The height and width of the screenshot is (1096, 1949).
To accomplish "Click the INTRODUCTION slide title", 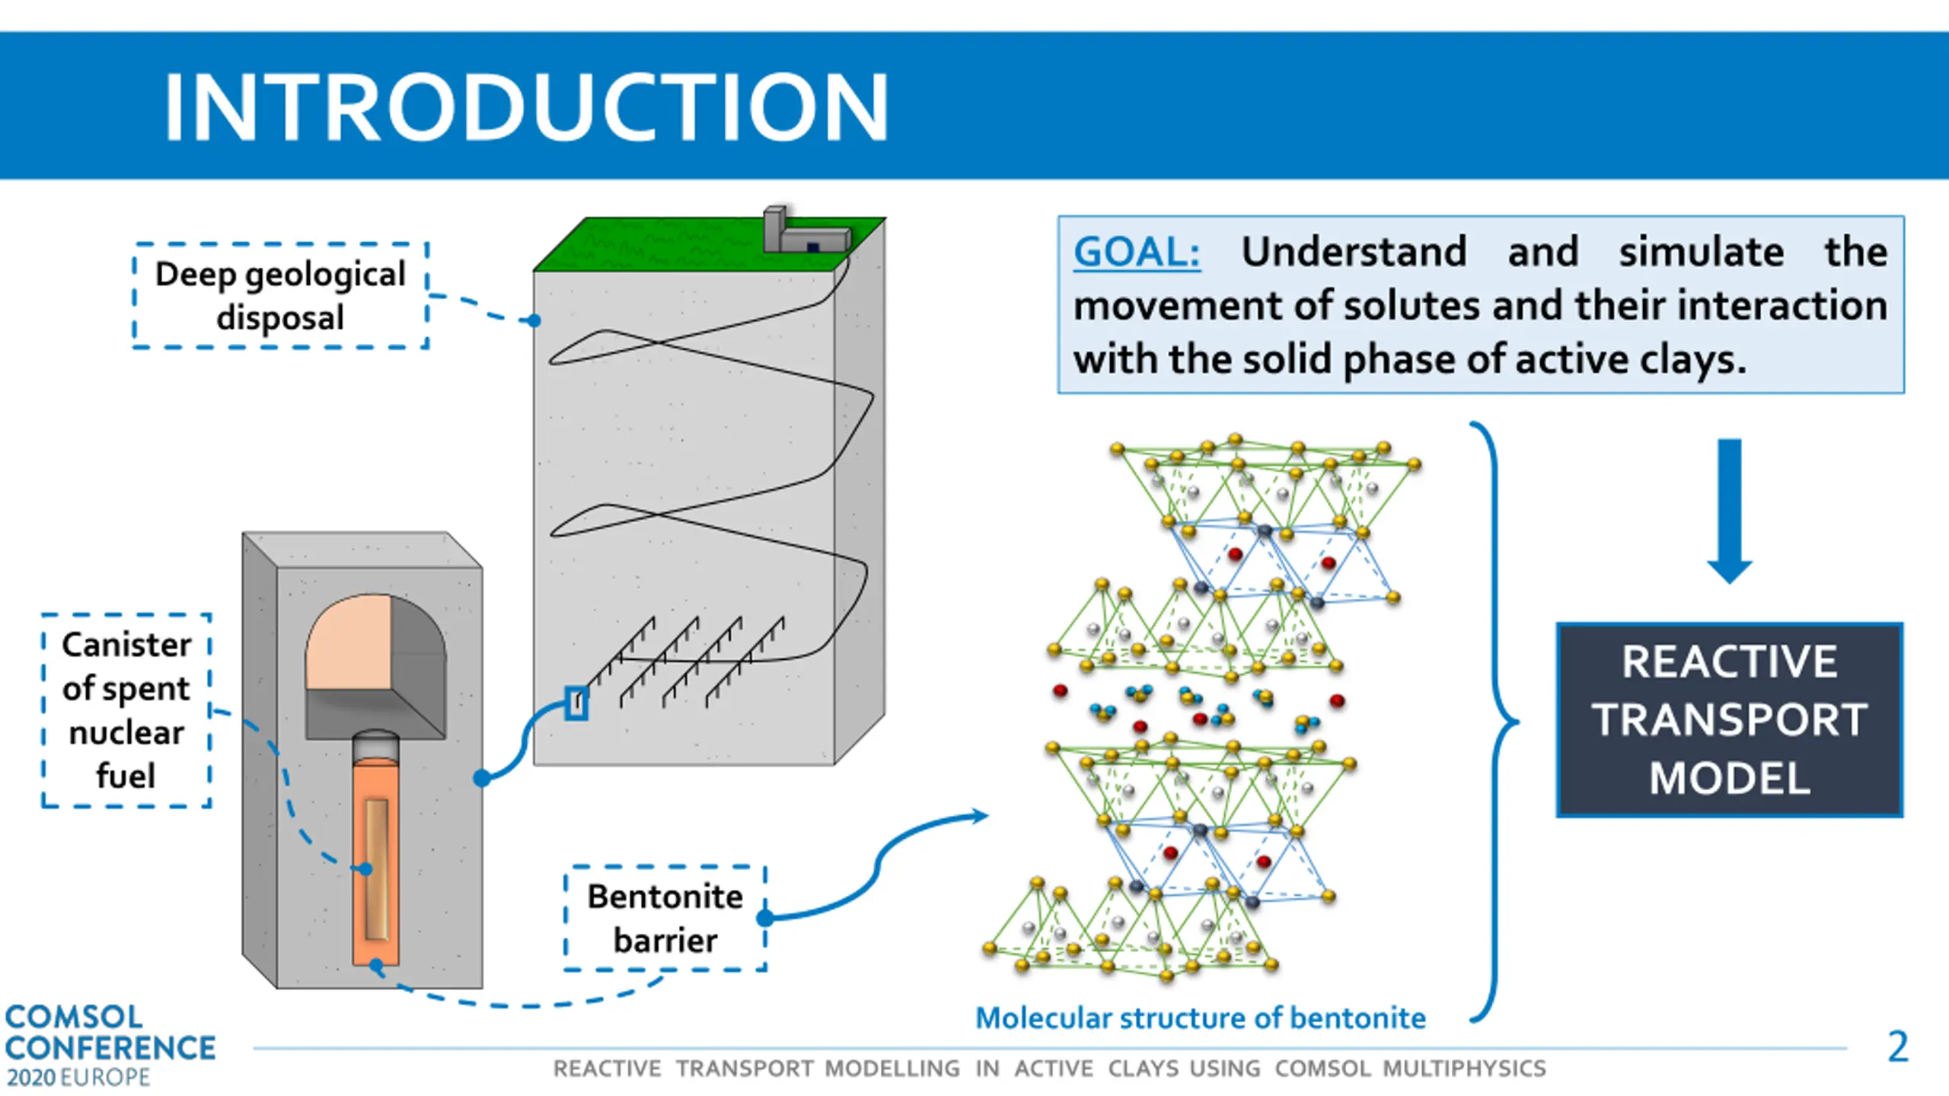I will click(x=525, y=107).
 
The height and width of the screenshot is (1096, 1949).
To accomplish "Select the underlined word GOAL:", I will click(x=1136, y=252).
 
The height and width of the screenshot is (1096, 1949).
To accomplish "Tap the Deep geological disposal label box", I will click(x=280, y=296).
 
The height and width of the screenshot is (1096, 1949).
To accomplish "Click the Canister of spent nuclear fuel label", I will click(x=126, y=710).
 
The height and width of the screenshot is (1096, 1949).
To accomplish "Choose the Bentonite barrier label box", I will click(x=665, y=919).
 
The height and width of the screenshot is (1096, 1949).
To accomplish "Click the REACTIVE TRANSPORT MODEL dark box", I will click(x=1730, y=720).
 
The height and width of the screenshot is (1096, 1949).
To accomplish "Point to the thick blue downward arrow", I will click(x=1730, y=510).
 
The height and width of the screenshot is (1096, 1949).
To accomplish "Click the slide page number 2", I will click(x=1898, y=1047).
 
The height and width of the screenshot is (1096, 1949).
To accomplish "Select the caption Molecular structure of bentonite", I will click(x=1201, y=1018).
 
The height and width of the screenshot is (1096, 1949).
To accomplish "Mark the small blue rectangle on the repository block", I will click(x=576, y=703).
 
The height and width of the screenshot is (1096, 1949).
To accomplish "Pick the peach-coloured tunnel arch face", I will click(x=349, y=644).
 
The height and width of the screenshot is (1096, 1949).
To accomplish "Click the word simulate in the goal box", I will click(x=1701, y=252).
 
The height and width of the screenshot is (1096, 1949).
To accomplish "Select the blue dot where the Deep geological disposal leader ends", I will click(x=534, y=320).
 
